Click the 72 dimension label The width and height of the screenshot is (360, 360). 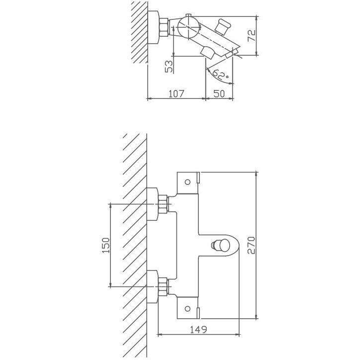(x=252, y=35)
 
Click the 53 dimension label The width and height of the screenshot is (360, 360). (x=169, y=67)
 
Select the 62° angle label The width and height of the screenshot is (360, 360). (x=220, y=74)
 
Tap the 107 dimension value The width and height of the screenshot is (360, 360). (x=177, y=93)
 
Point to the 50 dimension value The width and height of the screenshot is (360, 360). (x=219, y=93)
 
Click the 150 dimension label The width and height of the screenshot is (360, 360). (x=106, y=245)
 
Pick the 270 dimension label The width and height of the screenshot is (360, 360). (x=252, y=245)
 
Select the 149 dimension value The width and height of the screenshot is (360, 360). (x=198, y=330)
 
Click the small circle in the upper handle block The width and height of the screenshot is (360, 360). (x=187, y=182)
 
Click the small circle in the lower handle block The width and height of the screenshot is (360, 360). (x=187, y=309)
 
